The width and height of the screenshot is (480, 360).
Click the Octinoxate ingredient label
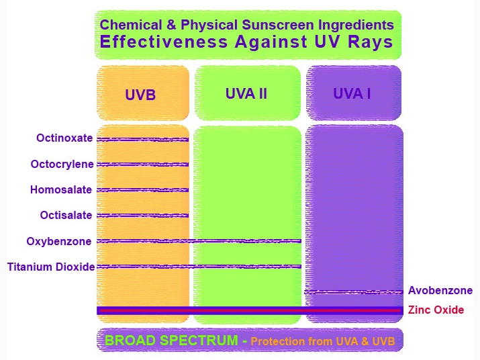(64, 138)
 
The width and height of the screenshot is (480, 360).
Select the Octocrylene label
(62, 165)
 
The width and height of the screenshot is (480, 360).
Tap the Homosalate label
(61, 189)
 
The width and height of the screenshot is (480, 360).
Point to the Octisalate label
(66, 215)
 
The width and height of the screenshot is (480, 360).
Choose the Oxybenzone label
(59, 241)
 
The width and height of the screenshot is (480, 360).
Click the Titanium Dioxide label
(51, 267)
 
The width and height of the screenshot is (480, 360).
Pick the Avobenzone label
(440, 290)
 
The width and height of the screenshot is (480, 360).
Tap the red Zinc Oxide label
(436, 310)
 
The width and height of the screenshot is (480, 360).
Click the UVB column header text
(140, 95)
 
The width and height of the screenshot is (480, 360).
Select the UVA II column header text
(246, 93)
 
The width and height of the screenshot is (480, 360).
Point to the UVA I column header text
(352, 93)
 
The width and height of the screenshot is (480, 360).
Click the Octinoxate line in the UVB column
(142, 140)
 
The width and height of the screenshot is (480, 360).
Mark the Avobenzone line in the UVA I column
(354, 292)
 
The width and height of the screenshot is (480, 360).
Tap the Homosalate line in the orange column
(142, 190)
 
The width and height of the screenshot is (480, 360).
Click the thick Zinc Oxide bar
(250, 310)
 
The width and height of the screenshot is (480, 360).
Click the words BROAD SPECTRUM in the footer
(171, 341)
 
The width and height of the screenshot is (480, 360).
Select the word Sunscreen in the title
(278, 25)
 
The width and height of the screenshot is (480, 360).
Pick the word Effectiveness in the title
(164, 42)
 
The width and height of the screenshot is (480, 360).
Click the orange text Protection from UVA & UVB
(323, 341)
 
